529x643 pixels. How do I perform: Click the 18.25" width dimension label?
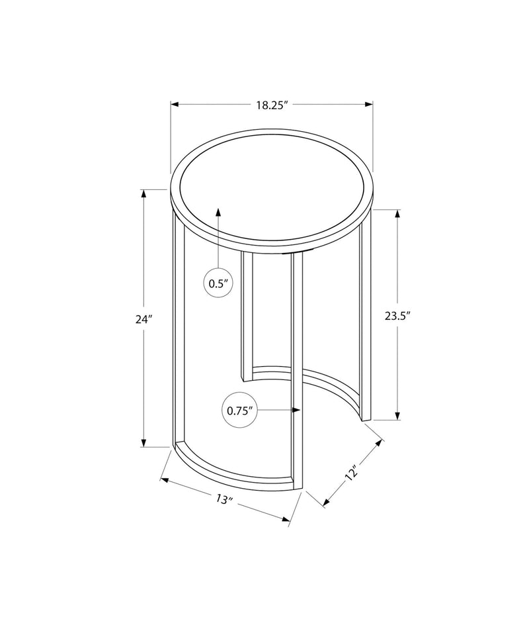click(272, 105)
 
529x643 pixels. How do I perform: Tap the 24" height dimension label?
click(143, 319)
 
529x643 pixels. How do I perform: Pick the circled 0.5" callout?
click(218, 283)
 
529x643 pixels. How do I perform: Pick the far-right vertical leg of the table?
click(366, 318)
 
